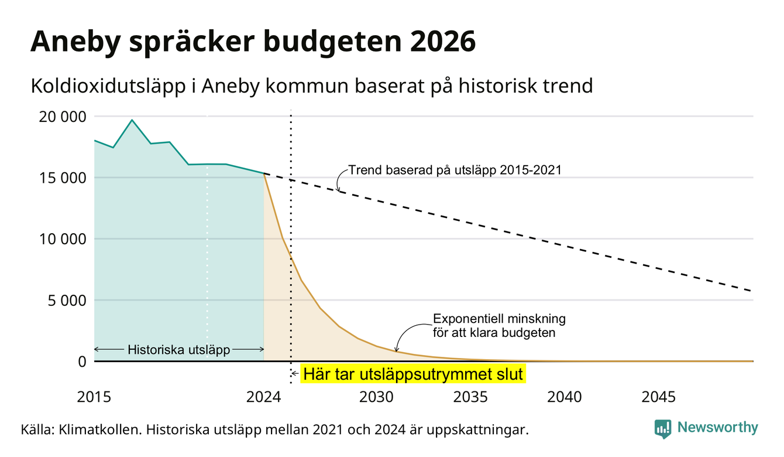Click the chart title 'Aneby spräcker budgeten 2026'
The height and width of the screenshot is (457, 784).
253,42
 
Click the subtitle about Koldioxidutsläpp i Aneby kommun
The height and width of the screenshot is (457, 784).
312,86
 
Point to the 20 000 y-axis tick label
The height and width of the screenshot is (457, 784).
62,117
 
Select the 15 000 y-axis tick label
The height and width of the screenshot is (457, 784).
62,178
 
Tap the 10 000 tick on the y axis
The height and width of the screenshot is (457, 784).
62,240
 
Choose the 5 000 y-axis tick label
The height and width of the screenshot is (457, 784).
67,301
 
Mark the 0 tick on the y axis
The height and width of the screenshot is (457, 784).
82,361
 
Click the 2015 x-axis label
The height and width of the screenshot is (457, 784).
94,397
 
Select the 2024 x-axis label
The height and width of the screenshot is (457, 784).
263,397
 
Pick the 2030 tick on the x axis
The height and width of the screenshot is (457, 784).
377,397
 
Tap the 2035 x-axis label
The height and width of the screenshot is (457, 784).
470,397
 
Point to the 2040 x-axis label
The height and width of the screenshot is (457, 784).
565,397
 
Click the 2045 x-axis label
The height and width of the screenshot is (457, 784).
658,397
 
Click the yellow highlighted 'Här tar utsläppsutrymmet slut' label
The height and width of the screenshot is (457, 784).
413,374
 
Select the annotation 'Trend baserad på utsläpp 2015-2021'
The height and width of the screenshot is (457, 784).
455,170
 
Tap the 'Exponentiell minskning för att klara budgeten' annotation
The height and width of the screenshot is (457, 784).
499,326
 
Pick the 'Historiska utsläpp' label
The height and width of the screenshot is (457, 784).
178,350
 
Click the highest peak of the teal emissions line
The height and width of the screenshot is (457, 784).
132,120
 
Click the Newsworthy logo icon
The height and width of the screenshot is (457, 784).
663,429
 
